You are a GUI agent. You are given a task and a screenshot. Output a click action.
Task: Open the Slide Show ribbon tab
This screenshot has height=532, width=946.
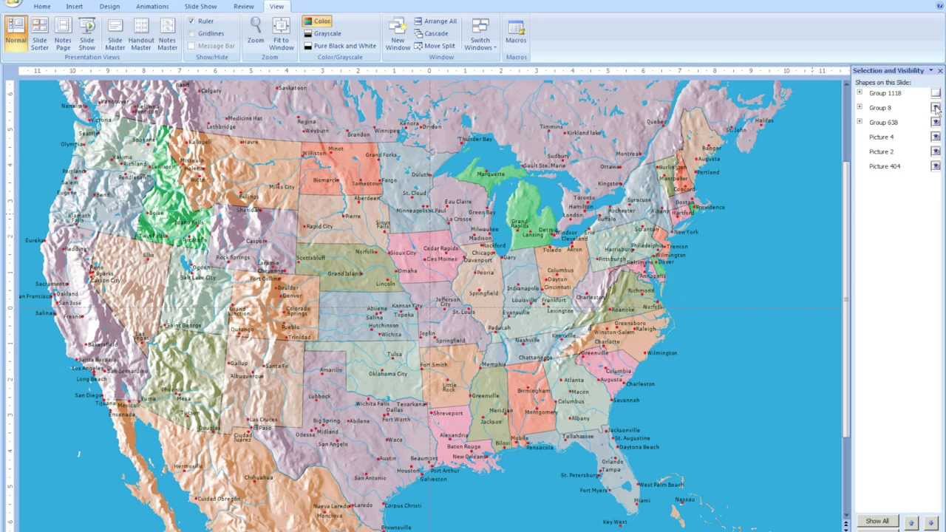pos(200,7)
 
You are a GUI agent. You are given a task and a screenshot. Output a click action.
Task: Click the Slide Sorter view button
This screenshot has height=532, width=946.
pos(39,34)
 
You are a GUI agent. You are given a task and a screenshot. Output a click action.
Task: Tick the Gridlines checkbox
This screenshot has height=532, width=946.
pos(192,33)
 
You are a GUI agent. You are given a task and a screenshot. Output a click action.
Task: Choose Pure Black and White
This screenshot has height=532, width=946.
pos(339,46)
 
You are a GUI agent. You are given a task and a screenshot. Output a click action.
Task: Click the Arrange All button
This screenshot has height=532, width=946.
pos(435,21)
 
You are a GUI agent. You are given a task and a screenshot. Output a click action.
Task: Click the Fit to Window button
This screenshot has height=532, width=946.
pos(281,34)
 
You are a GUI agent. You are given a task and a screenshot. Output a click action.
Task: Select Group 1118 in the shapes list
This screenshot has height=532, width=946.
pos(885,94)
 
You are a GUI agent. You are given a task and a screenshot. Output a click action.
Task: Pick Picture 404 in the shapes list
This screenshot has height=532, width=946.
pos(884,166)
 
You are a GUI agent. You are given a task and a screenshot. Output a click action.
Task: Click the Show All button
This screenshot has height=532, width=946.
pos(877,521)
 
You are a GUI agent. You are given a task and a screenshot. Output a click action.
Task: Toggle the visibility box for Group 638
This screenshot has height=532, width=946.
pos(936,123)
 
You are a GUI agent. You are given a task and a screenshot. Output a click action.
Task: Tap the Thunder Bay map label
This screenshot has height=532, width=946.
pos(476,139)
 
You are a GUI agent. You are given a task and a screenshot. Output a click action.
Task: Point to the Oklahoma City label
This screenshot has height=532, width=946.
pos(388,374)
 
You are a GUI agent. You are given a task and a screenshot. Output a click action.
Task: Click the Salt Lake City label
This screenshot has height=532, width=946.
pos(198,278)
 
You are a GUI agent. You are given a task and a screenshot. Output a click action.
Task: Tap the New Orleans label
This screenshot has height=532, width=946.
pos(469,457)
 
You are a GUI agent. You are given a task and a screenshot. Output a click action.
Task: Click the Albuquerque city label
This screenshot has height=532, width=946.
pos(246,376)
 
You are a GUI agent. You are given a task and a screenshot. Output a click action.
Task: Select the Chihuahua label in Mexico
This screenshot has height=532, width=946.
pos(259,477)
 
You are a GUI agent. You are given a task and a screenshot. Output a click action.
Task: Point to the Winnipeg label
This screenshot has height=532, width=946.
pos(386,131)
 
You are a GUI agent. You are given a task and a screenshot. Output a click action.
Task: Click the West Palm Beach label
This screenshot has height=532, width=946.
pos(661,485)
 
